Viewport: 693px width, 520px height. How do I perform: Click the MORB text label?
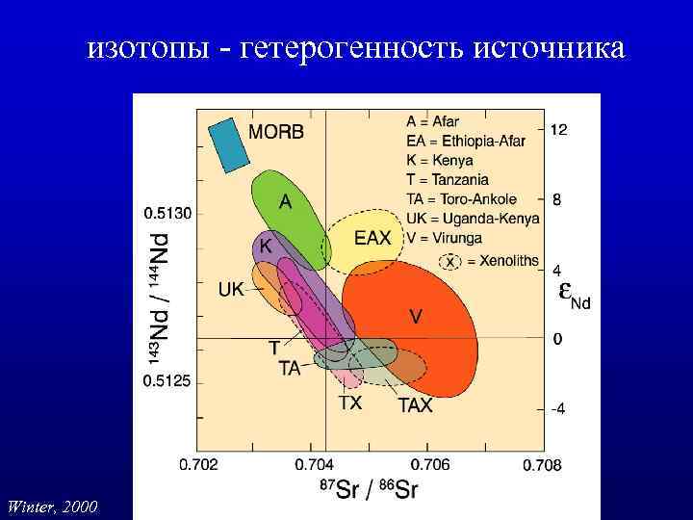[276, 132]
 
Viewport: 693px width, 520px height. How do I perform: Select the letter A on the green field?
[286, 202]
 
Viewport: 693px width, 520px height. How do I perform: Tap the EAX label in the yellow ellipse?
[372, 238]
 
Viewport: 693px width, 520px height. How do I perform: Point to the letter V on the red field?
[416, 316]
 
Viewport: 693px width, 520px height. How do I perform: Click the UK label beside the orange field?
[231, 288]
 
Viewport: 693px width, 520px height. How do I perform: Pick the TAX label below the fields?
[416, 405]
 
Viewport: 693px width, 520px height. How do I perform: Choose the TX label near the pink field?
[349, 403]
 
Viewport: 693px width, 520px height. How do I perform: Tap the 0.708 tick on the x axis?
[541, 465]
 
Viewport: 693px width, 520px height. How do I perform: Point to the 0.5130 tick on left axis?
[168, 212]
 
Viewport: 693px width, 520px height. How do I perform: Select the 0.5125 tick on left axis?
[168, 381]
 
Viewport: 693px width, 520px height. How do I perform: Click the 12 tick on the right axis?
[558, 129]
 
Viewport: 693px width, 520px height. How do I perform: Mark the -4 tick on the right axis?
[557, 408]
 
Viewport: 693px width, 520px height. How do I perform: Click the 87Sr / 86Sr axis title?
[368, 489]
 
